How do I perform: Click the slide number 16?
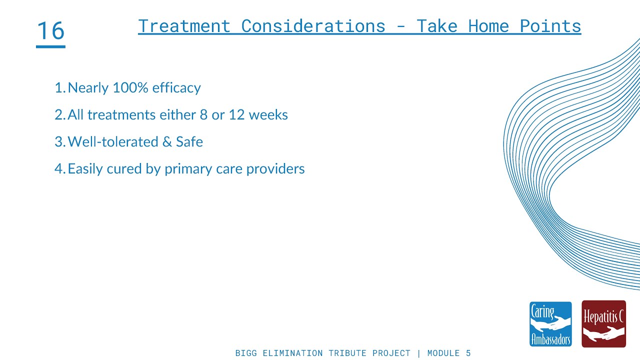pos(50,31)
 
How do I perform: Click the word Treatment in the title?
pos(184,26)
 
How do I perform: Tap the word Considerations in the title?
pos(313,26)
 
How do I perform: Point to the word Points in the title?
pos(550,26)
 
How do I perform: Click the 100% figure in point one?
pos(130,88)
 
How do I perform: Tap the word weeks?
pos(268,115)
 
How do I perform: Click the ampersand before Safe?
pos(167,142)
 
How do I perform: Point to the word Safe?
pos(189,142)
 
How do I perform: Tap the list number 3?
pos(58,142)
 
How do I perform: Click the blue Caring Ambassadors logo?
pos(550,324)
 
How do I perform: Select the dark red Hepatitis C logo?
pos(604,324)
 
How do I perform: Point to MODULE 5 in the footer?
pos(449,353)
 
